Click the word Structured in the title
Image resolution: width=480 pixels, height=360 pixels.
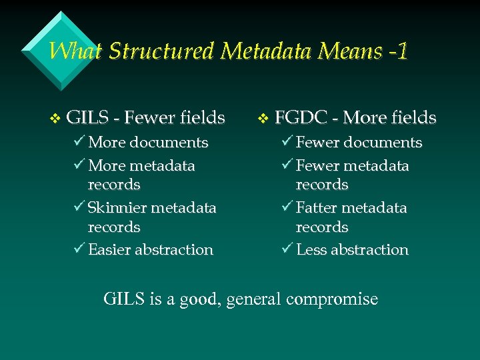[x=160, y=51]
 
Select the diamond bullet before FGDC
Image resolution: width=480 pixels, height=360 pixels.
[x=263, y=119]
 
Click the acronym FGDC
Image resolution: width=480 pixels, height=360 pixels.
[x=301, y=119]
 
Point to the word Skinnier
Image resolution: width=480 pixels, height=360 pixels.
[x=117, y=208]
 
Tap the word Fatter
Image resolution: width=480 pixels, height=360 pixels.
[x=319, y=208]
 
